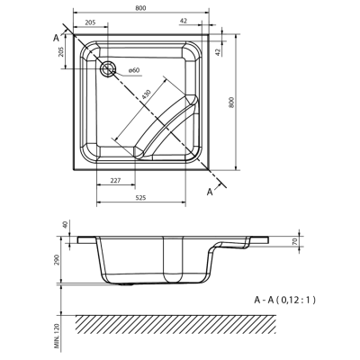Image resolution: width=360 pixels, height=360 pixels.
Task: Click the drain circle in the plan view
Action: [x=109, y=68]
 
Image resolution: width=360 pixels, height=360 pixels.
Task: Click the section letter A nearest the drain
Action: [x=57, y=36]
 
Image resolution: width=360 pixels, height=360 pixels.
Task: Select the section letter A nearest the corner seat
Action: [x=211, y=192]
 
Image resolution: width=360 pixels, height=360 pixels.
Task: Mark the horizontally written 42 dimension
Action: [x=208, y=23]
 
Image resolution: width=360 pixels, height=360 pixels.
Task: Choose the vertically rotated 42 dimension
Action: [x=232, y=51]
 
